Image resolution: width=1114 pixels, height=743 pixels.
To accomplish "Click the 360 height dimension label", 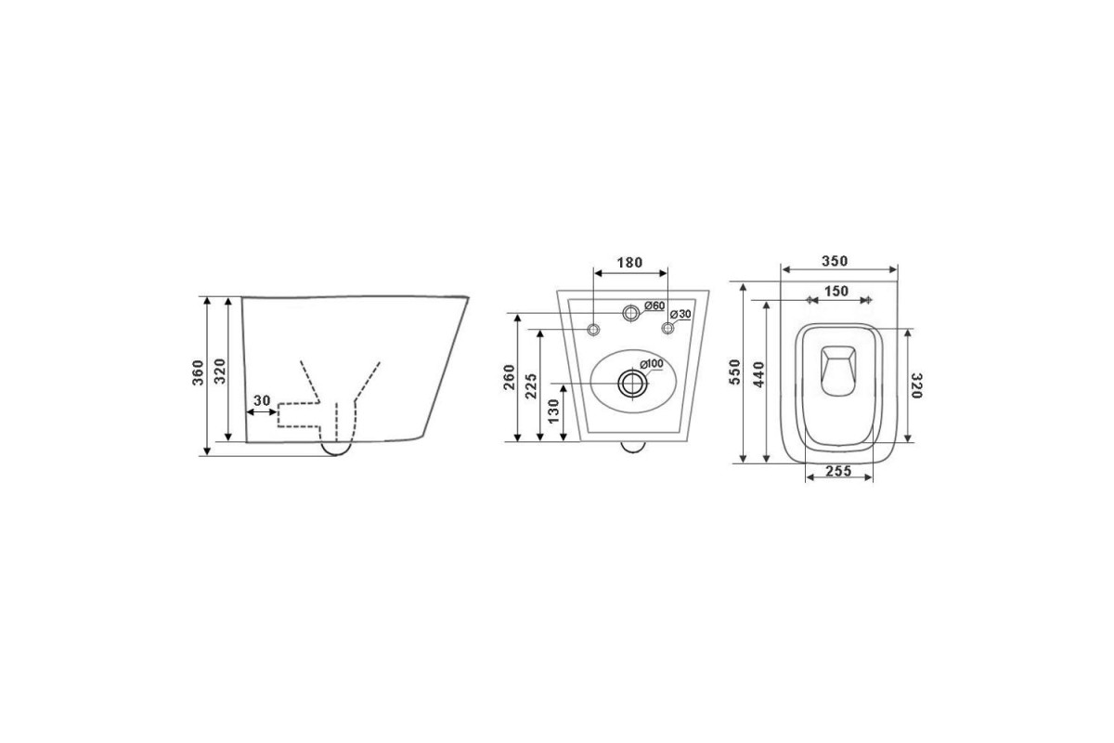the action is click(199, 372).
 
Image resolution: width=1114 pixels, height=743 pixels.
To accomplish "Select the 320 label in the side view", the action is click(220, 371).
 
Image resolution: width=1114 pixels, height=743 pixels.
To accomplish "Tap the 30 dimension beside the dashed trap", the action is click(262, 400).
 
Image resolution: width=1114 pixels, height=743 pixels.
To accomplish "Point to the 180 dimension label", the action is click(629, 262).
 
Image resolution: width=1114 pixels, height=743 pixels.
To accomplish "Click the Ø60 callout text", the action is click(654, 306).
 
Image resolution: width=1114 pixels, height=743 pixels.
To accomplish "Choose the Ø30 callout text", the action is click(680, 315).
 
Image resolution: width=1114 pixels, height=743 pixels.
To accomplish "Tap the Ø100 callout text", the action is click(652, 364).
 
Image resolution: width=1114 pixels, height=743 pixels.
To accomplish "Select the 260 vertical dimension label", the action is click(509, 377).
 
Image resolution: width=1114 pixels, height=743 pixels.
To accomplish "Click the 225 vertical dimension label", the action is click(531, 385).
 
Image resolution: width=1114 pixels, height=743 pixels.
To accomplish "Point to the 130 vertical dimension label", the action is click(553, 411).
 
